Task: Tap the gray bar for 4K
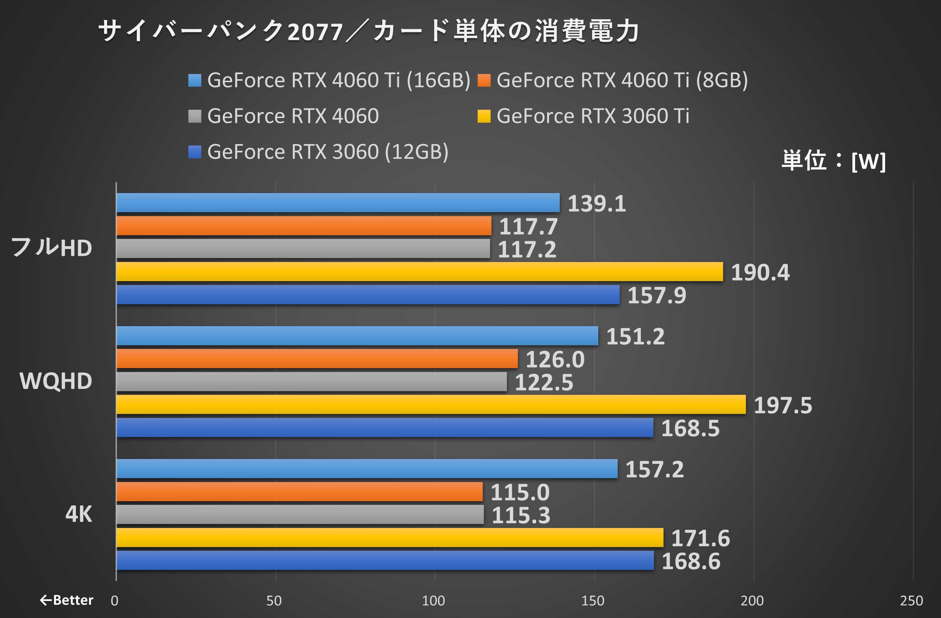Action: point(300,514)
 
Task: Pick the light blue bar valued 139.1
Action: point(338,203)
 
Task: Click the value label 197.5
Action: point(782,406)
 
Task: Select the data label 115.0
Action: point(520,492)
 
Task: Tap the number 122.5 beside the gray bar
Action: point(544,382)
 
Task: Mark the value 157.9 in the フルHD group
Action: point(656,295)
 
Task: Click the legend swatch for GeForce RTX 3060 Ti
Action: point(484,116)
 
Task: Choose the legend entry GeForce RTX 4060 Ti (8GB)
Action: point(622,80)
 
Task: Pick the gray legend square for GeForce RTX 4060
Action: point(195,116)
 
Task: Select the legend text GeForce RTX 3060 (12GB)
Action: point(328,152)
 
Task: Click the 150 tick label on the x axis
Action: point(592,601)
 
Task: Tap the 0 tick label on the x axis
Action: point(115,601)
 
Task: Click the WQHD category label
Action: point(56,381)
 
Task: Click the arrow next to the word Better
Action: point(46,600)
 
